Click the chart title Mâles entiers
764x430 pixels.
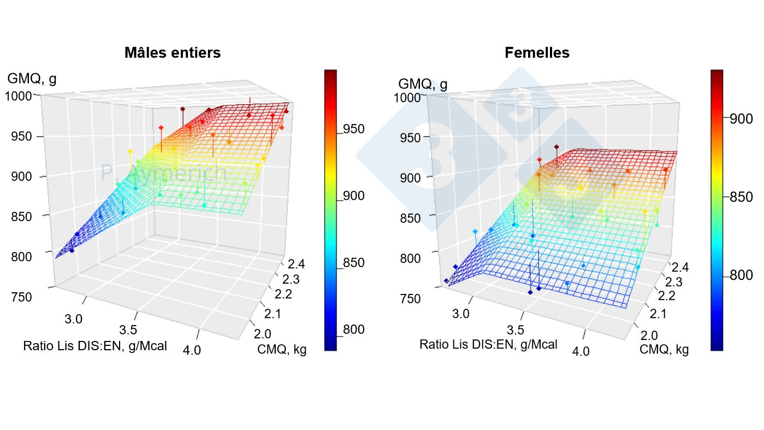pyautogui.click(x=173, y=52)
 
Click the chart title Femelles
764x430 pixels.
pyautogui.click(x=537, y=52)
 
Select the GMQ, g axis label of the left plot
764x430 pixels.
pyautogui.click(x=32, y=79)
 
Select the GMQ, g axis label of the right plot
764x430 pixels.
pyautogui.click(x=423, y=84)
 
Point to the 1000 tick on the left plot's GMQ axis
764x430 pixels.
pyautogui.click(x=19, y=96)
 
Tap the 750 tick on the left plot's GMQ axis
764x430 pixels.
pyautogui.click(x=21, y=297)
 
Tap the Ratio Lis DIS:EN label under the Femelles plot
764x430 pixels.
pyautogui.click(x=488, y=344)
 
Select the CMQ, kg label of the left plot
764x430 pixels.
pyautogui.click(x=282, y=350)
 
